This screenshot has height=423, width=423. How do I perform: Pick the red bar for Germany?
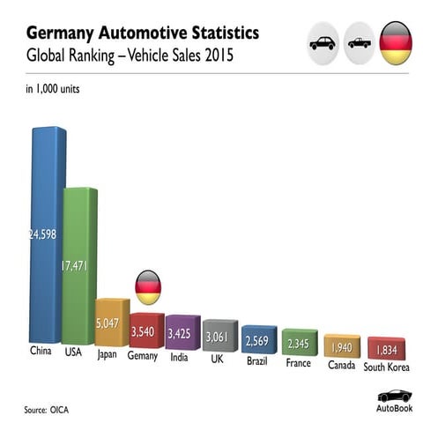(145, 330)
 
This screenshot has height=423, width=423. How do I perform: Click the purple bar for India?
(182, 332)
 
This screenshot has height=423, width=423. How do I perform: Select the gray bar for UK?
(219, 336)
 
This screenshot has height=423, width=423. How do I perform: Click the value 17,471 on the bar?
(78, 264)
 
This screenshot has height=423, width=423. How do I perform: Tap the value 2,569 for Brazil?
(258, 340)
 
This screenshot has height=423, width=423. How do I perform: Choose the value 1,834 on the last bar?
(385, 347)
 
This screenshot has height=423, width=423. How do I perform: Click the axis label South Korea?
(385, 367)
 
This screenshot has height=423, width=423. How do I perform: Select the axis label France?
(298, 362)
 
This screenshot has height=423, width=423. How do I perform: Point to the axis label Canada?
(341, 364)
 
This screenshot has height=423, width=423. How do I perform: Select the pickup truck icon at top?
(360, 42)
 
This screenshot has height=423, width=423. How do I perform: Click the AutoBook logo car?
(394, 395)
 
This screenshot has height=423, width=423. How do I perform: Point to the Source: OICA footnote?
(48, 410)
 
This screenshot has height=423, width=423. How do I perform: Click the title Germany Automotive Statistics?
(142, 33)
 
